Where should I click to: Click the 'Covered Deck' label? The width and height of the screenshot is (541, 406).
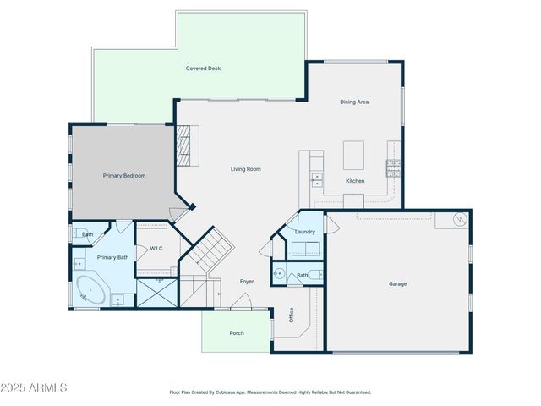click(x=203, y=69)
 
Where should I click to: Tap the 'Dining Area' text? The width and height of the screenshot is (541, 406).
click(x=354, y=102)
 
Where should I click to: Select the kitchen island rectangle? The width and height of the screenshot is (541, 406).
click(x=354, y=156)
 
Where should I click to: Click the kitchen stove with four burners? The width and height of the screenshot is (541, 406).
click(x=393, y=167)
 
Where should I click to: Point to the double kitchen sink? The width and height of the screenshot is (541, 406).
click(x=317, y=178)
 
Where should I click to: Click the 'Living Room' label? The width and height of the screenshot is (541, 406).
click(x=246, y=169)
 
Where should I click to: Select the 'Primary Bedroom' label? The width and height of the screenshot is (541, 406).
click(x=124, y=176)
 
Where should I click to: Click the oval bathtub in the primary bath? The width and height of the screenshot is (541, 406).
click(x=89, y=290)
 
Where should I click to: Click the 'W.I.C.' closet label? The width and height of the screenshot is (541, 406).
click(x=156, y=249)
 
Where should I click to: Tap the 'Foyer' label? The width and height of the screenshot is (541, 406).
click(x=247, y=281)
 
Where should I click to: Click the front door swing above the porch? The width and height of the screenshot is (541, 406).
click(x=243, y=300)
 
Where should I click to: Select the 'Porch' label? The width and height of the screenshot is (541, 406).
click(x=237, y=333)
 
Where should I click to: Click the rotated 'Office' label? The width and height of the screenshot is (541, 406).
click(x=291, y=315)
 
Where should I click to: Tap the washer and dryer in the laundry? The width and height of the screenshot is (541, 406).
click(x=305, y=248)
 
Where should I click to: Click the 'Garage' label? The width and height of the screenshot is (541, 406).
click(x=397, y=284)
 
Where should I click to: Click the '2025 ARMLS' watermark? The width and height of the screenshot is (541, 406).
click(x=34, y=387)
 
